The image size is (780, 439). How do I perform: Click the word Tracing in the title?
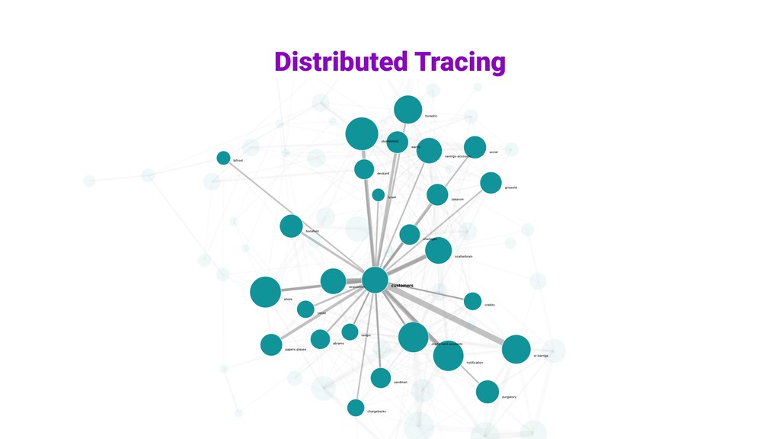coord(459,61)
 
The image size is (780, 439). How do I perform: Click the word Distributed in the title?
coord(340,61)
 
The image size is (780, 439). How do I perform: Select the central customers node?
coord(375,280)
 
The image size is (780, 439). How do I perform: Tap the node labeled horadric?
coord(408,109)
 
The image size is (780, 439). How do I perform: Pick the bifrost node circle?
coord(223,158)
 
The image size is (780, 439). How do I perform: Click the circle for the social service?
coord(475,147)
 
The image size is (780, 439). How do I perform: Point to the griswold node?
coord(491,183)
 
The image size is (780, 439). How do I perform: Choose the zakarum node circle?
coord(437,194)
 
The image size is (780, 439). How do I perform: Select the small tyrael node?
coord(379,195)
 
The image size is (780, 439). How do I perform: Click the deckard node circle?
coord(364,169)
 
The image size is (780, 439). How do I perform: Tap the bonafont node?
coord(291,226)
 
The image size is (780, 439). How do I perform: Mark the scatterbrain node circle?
coord(438,250)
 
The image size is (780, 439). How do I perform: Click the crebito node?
coord(472,301)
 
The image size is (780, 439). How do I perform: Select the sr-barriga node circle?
coord(516,349)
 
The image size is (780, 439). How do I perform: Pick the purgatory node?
coord(487,392)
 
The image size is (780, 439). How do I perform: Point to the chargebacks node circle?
coord(356,408)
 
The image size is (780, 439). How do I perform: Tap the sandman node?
coord(381,377)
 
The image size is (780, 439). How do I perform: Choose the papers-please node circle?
coord(271,344)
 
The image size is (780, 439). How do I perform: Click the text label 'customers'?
coord(402,286)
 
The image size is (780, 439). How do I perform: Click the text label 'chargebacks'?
coord(376,412)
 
